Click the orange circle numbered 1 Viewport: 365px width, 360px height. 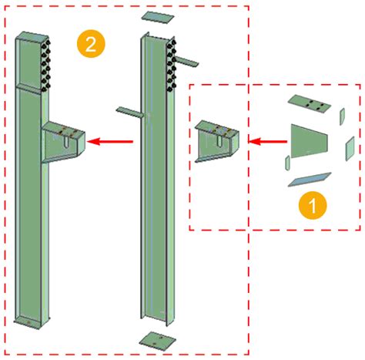(313, 206)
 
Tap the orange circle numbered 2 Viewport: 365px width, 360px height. (91, 44)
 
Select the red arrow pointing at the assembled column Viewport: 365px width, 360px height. (111, 141)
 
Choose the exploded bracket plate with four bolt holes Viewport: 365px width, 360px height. (309, 103)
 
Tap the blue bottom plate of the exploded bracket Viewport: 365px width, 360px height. (308, 180)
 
